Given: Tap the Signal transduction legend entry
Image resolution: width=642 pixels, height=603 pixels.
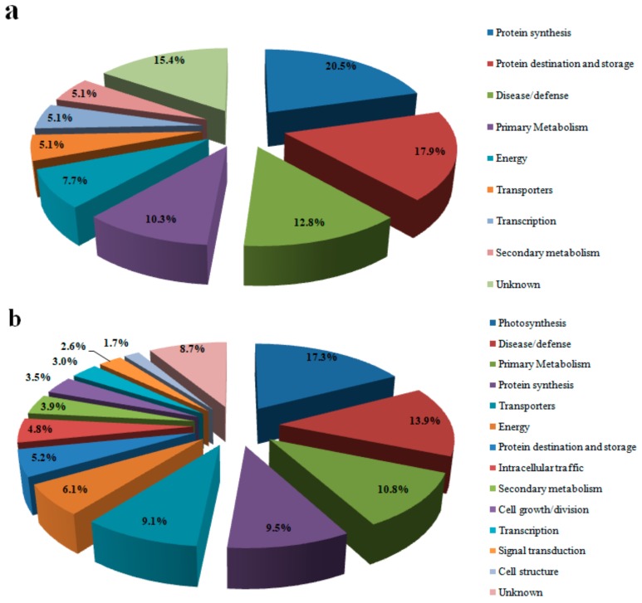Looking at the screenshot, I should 541,550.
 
